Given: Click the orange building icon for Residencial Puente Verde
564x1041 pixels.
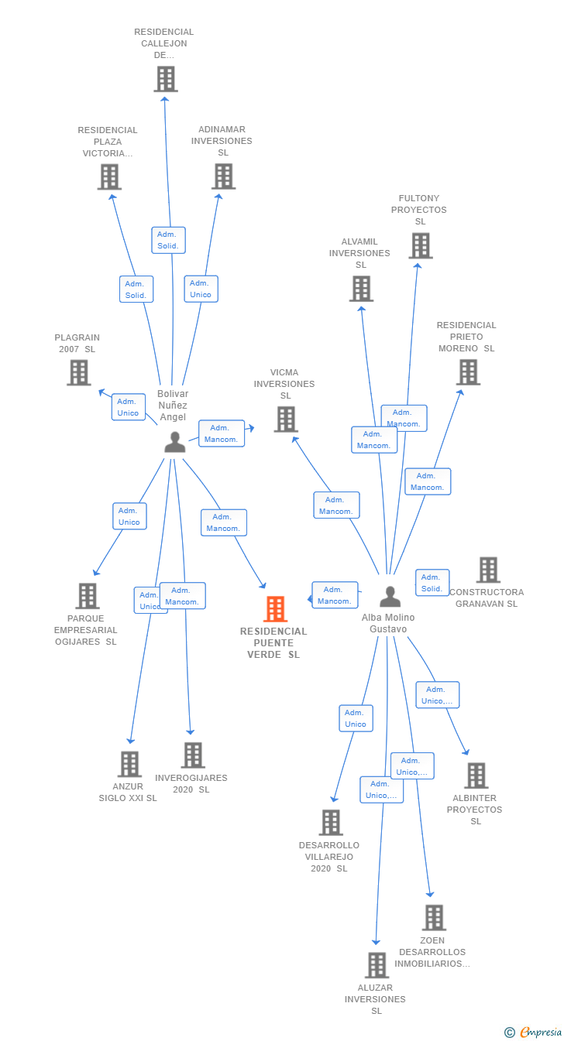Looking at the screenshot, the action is point(275,609).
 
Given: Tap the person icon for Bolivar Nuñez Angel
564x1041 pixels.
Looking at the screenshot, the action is point(175,442).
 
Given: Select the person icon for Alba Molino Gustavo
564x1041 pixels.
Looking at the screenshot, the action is point(390,596).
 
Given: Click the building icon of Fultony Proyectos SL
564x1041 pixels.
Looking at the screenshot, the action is point(421,246).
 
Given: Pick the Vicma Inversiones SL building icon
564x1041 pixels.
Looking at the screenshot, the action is point(286,419).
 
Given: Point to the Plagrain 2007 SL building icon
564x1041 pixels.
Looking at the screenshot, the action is point(79,373).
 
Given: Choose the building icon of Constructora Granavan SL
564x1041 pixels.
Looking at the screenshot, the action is point(488,570).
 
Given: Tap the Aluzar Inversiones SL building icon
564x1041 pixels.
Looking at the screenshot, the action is point(377,965).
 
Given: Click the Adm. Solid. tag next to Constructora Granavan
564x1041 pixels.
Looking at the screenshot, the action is point(432,583).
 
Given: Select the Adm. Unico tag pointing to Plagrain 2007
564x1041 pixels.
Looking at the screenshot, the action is point(129,407).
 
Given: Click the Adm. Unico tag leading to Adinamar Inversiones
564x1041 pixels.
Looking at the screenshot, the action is point(201,289).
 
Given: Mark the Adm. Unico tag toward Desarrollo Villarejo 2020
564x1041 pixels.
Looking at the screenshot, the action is point(356,718).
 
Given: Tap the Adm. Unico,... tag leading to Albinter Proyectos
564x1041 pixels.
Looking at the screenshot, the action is point(438,695).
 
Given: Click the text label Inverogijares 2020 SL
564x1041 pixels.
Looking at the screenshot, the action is point(191,783).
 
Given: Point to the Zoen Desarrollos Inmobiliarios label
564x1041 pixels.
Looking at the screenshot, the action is point(432,952).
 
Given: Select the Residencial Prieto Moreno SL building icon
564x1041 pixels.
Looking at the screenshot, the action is point(468,372).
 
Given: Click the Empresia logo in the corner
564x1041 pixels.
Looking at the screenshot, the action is point(534,1032).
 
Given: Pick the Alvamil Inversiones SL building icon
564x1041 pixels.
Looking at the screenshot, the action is point(362,289).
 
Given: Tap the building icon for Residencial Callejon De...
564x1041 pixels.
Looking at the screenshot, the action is point(166,79).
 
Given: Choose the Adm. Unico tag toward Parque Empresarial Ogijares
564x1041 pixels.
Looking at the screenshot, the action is point(130,516).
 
